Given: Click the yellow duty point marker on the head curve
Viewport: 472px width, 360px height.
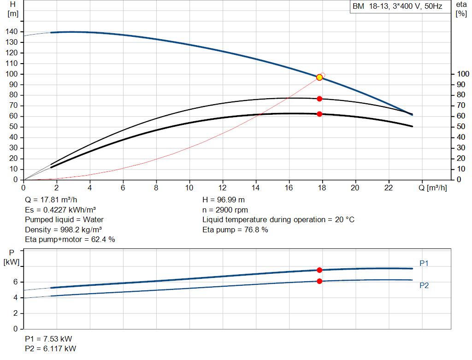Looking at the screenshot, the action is (319, 77).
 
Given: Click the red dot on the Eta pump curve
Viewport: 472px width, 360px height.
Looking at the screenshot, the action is (319, 99).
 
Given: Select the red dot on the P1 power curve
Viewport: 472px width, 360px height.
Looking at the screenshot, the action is (319, 270).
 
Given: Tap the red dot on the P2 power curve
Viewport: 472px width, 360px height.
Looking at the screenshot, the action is (319, 281).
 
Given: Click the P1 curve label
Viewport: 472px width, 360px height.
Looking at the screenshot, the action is (424, 263).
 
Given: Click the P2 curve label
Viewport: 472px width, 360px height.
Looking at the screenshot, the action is (424, 285).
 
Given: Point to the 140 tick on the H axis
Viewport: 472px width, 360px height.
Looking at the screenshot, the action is (12, 32).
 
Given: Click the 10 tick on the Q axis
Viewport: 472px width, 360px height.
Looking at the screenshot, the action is (189, 188).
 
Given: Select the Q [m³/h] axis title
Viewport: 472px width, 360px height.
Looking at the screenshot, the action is (432, 188).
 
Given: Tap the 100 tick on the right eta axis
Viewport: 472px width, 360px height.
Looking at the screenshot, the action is (463, 74).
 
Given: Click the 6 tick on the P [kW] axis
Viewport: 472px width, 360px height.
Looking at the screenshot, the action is (16, 282).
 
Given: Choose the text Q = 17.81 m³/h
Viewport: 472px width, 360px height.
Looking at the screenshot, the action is (51, 200).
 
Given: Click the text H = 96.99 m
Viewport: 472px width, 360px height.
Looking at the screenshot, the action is (224, 200).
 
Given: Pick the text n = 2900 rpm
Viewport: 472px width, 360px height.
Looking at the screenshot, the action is (225, 210).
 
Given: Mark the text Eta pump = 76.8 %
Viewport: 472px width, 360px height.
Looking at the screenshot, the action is (235, 230).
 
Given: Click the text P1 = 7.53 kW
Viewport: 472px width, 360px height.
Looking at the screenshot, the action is (48, 339).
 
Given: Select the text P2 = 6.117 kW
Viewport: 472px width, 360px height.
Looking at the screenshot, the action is (51, 348).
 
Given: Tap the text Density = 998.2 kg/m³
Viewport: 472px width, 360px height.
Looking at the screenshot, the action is (63, 230).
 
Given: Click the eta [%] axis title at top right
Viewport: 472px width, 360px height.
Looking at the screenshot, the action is (461, 9).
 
